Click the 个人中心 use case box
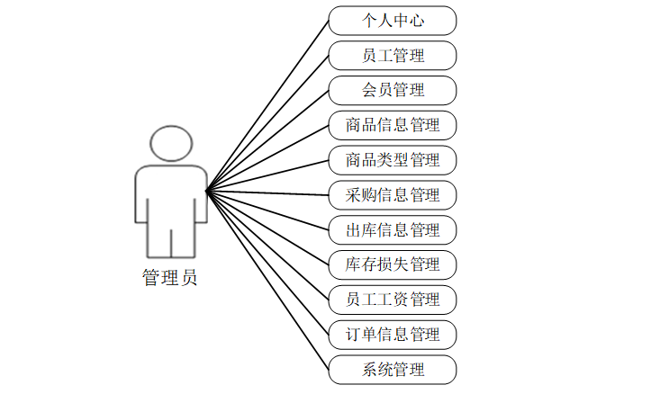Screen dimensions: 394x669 393,20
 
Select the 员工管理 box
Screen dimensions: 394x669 393,55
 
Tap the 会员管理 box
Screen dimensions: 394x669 393,90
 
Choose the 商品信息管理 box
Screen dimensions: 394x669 393,124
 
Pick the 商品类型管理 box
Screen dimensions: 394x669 393,159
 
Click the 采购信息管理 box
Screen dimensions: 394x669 393,194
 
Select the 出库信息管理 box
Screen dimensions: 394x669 393,229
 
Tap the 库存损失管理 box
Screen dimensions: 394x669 393,264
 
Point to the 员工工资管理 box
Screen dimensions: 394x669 393,299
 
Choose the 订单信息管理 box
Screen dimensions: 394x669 393,334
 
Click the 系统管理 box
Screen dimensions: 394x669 393,369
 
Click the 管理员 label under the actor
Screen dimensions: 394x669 170,278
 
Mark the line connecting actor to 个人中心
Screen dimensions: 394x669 267,105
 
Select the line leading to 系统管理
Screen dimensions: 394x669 267,280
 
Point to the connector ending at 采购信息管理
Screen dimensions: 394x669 267,193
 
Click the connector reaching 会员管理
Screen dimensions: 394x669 267,140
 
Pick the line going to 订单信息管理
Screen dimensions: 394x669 267,263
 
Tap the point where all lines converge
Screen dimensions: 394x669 207,191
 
